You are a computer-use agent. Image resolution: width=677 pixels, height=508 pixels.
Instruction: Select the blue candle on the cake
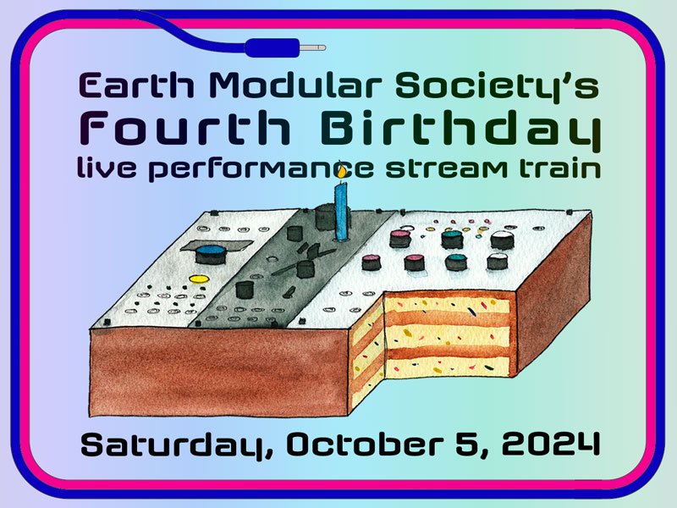click(341, 212)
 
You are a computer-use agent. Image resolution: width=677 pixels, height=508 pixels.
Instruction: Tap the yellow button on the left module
click(198, 279)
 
